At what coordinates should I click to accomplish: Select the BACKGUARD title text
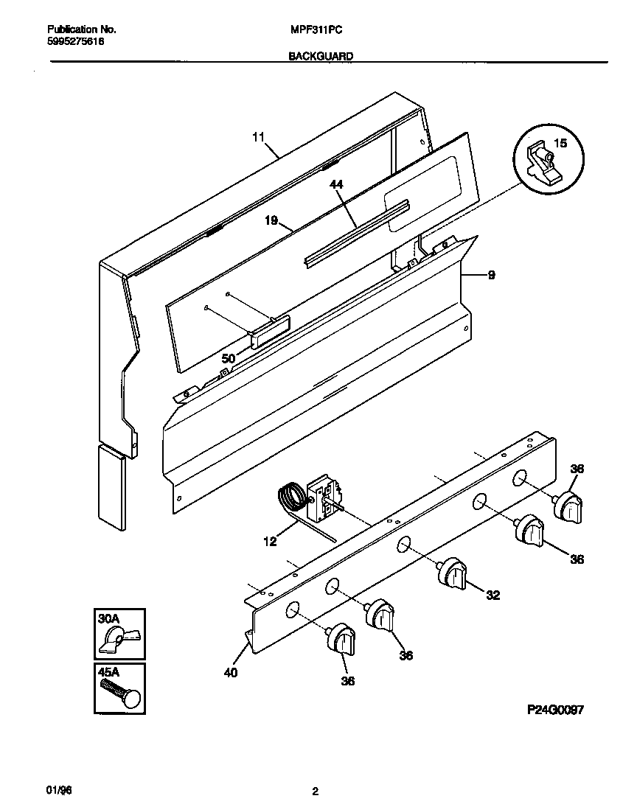click(321, 56)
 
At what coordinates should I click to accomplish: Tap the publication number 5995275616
click(76, 42)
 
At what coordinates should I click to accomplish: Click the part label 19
click(271, 220)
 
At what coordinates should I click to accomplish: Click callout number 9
click(491, 276)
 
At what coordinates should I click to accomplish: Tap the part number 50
click(229, 357)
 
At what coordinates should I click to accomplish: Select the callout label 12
click(270, 542)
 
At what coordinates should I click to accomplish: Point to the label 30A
click(108, 619)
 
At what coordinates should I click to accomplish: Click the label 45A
click(108, 672)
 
